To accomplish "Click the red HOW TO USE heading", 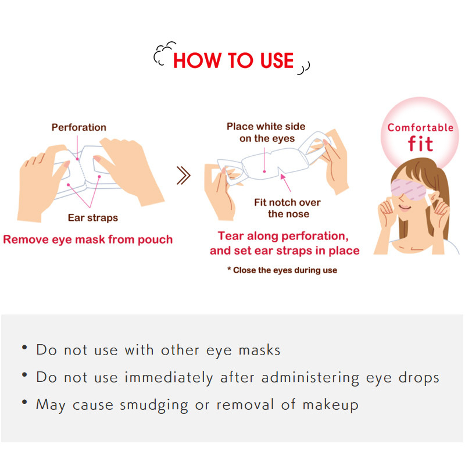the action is tap(234, 61).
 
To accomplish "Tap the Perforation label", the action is tap(79, 127).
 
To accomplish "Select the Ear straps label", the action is tap(93, 217).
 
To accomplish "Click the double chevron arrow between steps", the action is tap(184, 176).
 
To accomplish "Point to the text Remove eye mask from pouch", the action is tap(88, 239).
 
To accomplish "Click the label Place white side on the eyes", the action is tap(266, 133).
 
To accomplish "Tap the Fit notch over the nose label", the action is tap(287, 208).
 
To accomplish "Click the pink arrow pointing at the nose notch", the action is tap(285, 183).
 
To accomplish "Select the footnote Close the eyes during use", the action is tap(282, 270).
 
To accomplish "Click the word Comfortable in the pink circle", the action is tap(420, 127).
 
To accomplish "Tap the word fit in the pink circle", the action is tap(420, 144).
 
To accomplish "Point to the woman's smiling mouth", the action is tap(405, 208).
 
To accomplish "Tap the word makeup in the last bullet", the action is tap(330, 405).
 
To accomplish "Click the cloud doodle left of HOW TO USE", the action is tap(164, 53).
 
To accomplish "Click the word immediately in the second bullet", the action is tap(169, 378).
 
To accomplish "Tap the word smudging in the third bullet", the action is tap(153, 405).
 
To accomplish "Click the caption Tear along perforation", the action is tap(283, 236).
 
